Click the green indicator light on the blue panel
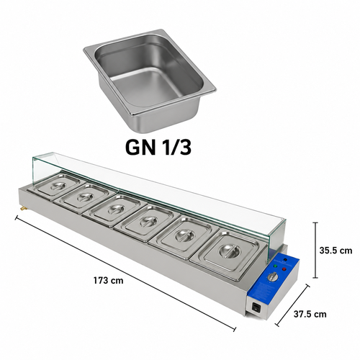pos(275,266)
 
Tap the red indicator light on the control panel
pos(284,269)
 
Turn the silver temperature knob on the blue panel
pos(273,277)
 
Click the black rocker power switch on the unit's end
pos(256,308)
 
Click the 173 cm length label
pos(109,280)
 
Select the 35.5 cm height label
pos(336,251)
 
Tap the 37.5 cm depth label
pos(310,314)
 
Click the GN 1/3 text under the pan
pos(158,148)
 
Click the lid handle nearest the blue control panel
pos(228,251)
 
